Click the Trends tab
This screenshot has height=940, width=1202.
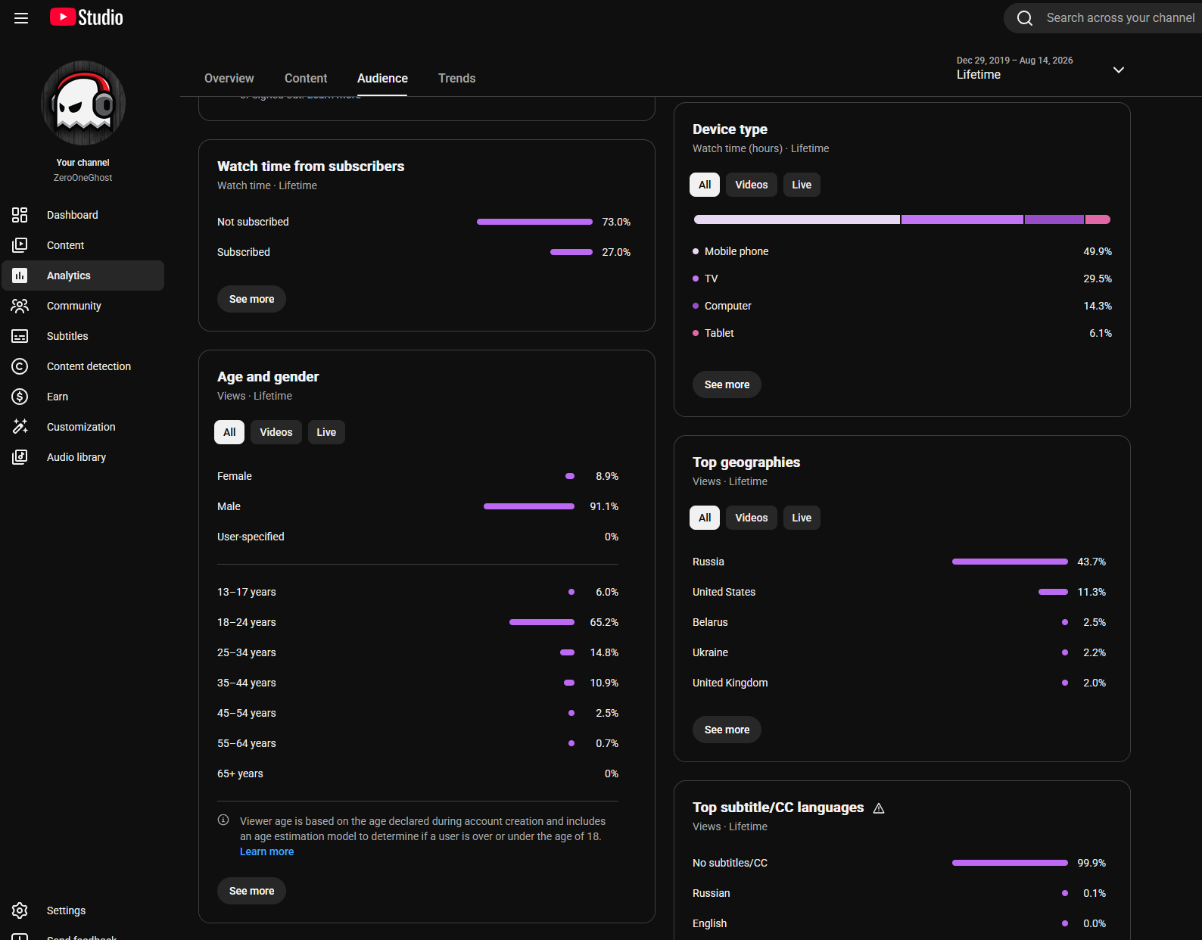click(456, 78)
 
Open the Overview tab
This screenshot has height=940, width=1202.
click(229, 78)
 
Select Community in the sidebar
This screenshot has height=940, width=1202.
click(73, 306)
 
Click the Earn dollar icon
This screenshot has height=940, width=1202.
click(20, 397)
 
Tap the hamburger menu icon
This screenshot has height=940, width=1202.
click(21, 18)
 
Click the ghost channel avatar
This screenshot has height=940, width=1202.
click(83, 103)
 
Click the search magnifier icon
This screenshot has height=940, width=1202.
click(1024, 18)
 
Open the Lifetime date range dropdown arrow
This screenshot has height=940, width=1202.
click(1119, 70)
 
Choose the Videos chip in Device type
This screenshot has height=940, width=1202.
click(751, 185)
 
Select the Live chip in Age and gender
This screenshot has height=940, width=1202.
click(326, 432)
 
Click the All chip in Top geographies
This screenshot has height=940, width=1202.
click(704, 518)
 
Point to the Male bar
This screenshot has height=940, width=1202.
click(529, 506)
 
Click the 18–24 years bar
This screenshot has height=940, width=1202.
click(542, 622)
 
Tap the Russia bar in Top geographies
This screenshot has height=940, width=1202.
click(1010, 562)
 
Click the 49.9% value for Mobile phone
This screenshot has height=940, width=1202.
click(1098, 251)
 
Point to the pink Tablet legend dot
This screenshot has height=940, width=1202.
click(696, 334)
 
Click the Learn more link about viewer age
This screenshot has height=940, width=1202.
click(266, 851)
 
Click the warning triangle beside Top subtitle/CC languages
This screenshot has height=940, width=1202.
click(878, 808)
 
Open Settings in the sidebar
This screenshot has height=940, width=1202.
click(66, 910)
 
